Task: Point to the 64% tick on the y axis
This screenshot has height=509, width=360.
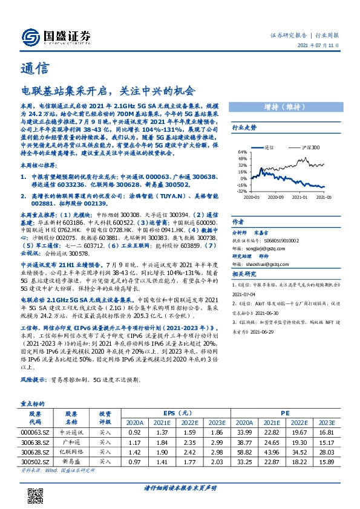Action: point(241,152)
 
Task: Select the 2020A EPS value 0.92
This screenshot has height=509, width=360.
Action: point(134,432)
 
